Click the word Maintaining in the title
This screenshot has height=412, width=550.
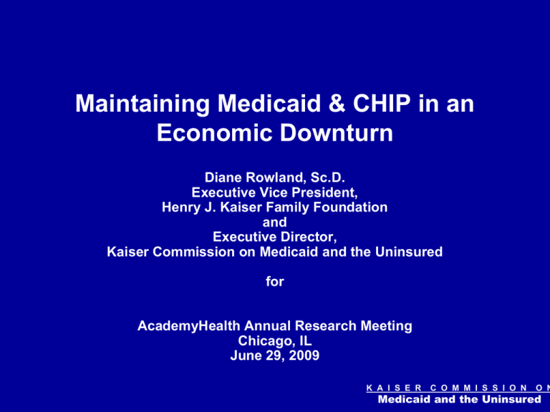(x=143, y=104)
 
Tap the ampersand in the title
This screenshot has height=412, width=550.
(x=337, y=103)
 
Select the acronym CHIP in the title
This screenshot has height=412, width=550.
(x=382, y=103)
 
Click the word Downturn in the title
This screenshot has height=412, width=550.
(x=337, y=133)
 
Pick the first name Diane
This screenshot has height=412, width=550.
(x=223, y=177)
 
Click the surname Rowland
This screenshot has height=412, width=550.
(x=276, y=177)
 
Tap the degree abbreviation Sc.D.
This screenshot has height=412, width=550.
(x=327, y=177)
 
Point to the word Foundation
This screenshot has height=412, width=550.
(x=350, y=207)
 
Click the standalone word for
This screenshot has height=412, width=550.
(x=275, y=282)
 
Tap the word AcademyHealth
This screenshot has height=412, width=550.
(x=189, y=326)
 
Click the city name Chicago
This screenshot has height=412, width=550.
(x=266, y=341)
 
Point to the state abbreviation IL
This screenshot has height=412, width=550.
(x=306, y=341)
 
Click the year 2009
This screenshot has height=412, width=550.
(x=304, y=355)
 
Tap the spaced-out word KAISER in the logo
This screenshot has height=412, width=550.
(x=394, y=388)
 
